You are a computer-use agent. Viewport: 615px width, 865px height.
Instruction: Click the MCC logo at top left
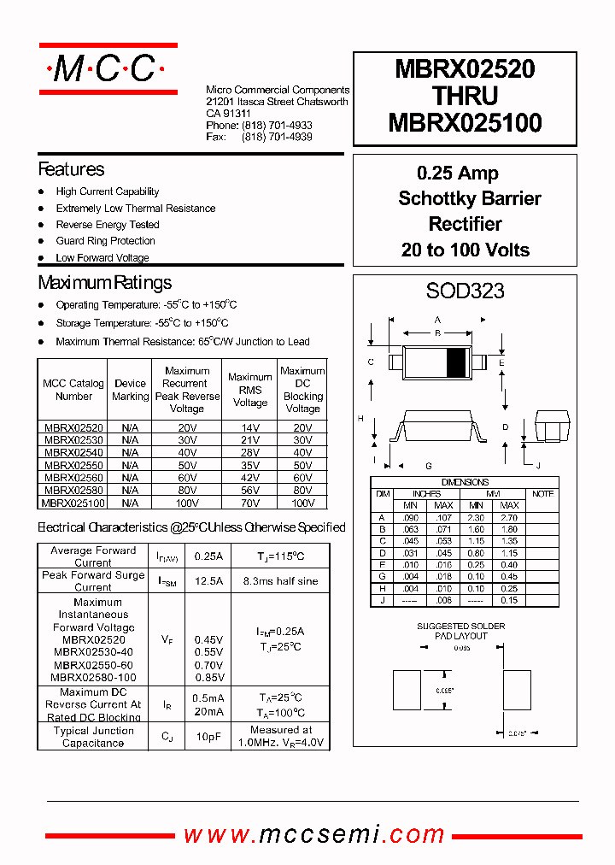pos(108,68)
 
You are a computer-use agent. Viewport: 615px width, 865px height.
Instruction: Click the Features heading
pos(72,169)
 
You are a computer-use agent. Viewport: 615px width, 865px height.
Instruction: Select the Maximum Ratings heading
pos(105,283)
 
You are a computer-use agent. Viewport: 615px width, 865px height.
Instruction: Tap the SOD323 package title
pos(465,291)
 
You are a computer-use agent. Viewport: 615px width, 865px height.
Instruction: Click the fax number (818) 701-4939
pos(277,137)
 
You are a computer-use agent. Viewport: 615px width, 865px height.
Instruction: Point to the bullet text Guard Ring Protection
pos(105,241)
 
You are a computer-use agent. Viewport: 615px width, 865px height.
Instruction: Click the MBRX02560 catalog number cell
pos(73,478)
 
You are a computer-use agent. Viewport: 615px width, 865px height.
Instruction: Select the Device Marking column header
pos(130,390)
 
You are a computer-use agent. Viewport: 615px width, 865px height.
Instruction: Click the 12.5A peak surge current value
pos(208,581)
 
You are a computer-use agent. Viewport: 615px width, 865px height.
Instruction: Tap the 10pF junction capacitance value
pos(208,736)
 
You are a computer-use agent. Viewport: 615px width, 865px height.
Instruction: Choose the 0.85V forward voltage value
pos(208,678)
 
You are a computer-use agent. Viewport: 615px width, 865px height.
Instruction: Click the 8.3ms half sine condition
pos(280,581)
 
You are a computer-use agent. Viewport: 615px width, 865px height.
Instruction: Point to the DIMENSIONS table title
pos(465,482)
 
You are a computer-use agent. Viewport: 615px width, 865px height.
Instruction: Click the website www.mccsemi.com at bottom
pos(314,834)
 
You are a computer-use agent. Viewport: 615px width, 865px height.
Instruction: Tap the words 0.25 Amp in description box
pos(458,174)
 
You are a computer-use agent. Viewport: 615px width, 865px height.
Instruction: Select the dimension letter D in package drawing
pos(506,427)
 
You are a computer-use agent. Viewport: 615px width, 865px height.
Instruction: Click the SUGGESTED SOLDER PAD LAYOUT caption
pos(460,631)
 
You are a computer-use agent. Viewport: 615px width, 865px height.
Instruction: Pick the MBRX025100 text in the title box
pos(465,124)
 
